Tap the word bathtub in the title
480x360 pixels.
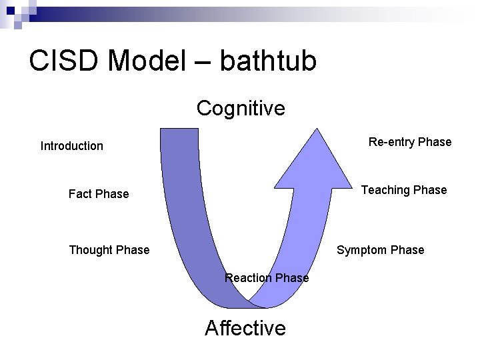point(268,61)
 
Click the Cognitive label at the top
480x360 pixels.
point(241,108)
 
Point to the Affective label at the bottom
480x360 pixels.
point(245,328)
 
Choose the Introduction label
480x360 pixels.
point(72,146)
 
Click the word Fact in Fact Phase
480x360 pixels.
point(80,194)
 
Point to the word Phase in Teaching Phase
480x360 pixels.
point(430,190)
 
